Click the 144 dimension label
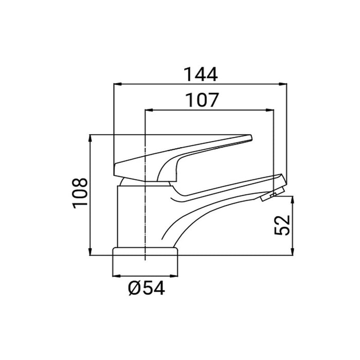(x=201, y=75)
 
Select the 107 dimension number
(x=202, y=100)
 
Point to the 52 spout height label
(x=282, y=225)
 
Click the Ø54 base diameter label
(x=147, y=288)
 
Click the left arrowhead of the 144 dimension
(x=118, y=84)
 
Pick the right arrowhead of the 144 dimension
(x=283, y=84)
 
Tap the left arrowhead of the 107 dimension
(x=149, y=110)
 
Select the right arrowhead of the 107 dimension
(x=270, y=110)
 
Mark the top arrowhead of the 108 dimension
(x=91, y=138)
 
